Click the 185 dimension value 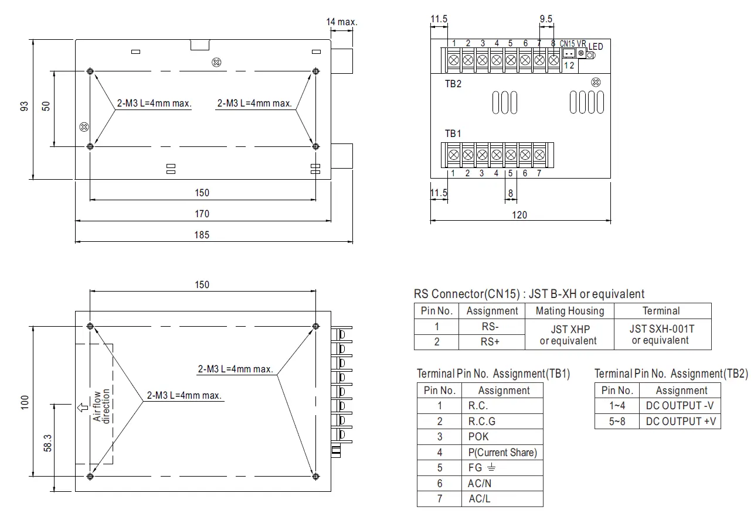(x=202, y=235)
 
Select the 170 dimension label (x=202, y=214)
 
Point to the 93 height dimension (x=24, y=106)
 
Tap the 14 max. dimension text (x=341, y=22)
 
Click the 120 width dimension (x=519, y=215)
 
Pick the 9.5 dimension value (x=546, y=19)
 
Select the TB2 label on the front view (x=453, y=84)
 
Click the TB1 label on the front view (x=453, y=133)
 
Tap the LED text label (x=596, y=46)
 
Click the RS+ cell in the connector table (x=490, y=342)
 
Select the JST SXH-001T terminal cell (x=662, y=334)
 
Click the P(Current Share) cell (x=502, y=452)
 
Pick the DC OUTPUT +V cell (x=681, y=421)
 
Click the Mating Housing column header (x=569, y=311)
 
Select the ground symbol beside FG (x=492, y=468)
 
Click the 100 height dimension (x=24, y=401)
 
